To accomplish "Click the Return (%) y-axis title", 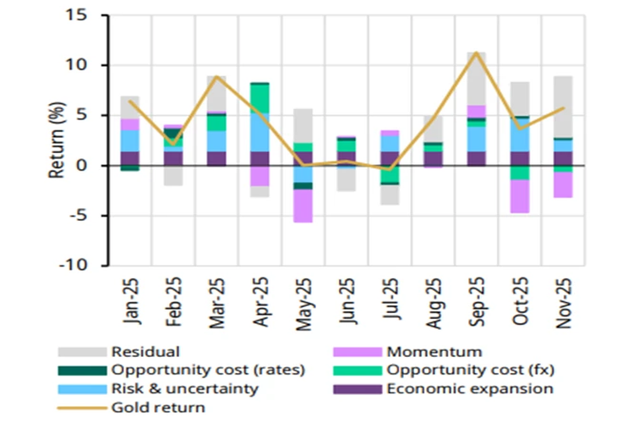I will (x=56, y=140).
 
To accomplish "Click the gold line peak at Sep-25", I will (x=477, y=53).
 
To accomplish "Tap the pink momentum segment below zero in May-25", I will (x=303, y=206).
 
